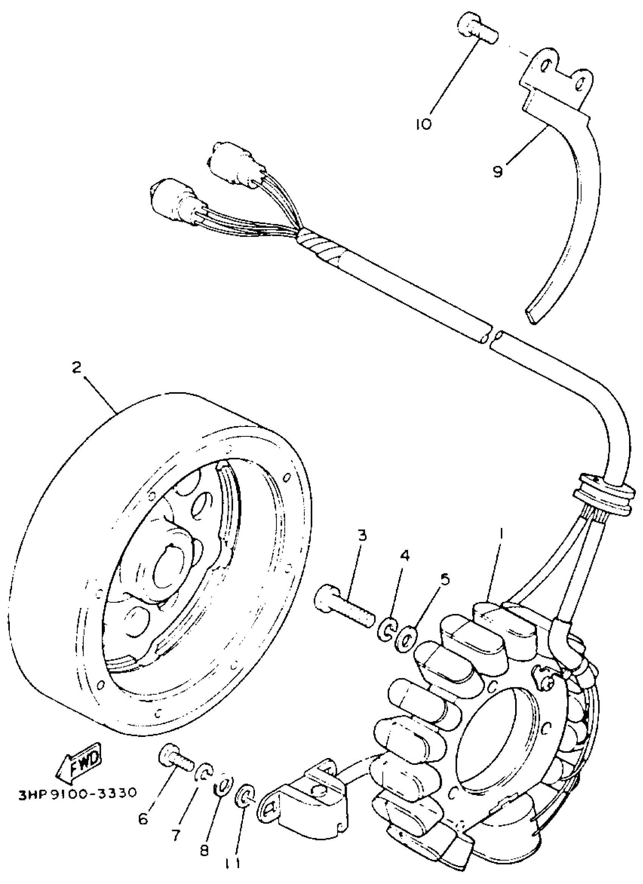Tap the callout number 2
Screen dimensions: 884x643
click(77, 367)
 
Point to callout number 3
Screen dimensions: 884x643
click(362, 535)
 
